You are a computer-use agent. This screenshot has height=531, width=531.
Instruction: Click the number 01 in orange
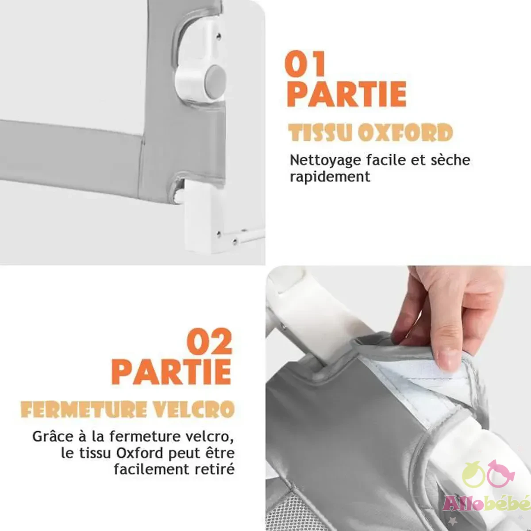click(x=305, y=63)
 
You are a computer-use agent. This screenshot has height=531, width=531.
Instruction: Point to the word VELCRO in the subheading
click(x=193, y=409)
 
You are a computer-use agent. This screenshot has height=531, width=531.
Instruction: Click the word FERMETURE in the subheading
click(x=84, y=409)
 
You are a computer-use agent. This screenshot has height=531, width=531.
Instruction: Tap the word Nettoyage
click(x=325, y=161)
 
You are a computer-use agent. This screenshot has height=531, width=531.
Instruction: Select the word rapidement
click(x=330, y=177)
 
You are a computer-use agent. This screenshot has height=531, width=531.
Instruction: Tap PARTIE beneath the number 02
click(x=171, y=372)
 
